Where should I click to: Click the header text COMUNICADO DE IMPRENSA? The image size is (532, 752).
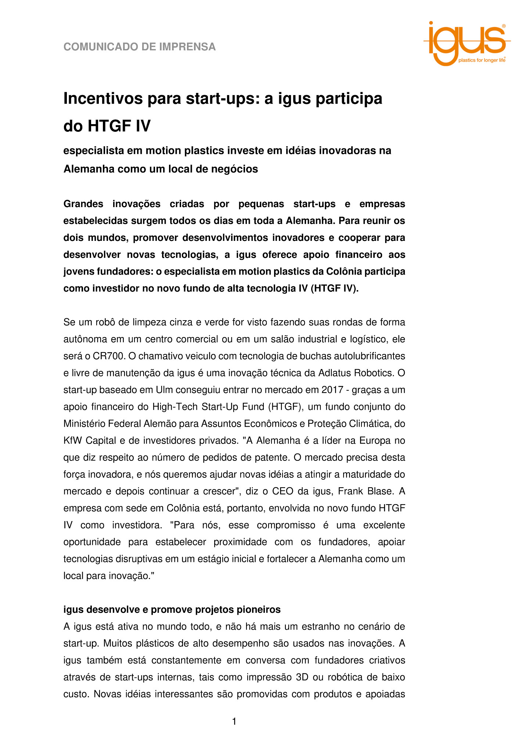pyautogui.click(x=140, y=47)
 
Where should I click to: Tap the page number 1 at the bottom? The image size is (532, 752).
pyautogui.click(x=234, y=722)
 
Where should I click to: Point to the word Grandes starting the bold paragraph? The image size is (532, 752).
pyautogui.click(x=83, y=204)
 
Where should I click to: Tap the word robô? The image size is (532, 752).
pyautogui.click(x=106, y=322)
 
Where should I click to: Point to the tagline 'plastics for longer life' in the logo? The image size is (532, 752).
pyautogui.click(x=482, y=60)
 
